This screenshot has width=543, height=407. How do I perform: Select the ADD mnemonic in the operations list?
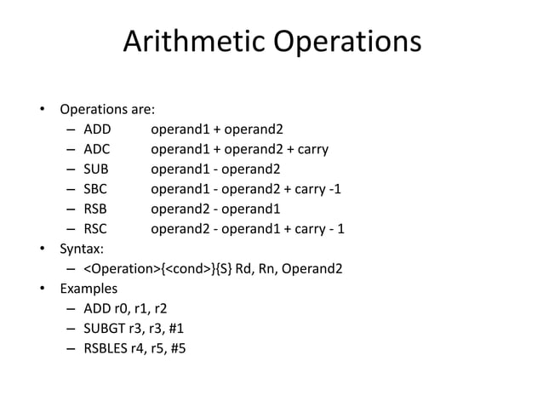click(x=96, y=131)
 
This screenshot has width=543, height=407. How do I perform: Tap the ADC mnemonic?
click(x=96, y=151)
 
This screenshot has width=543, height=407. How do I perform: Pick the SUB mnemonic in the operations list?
click(x=95, y=170)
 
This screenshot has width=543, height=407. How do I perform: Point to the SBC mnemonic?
click(x=95, y=190)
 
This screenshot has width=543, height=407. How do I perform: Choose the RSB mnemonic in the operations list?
click(x=95, y=209)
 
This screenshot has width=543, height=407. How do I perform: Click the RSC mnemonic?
click(x=95, y=229)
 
